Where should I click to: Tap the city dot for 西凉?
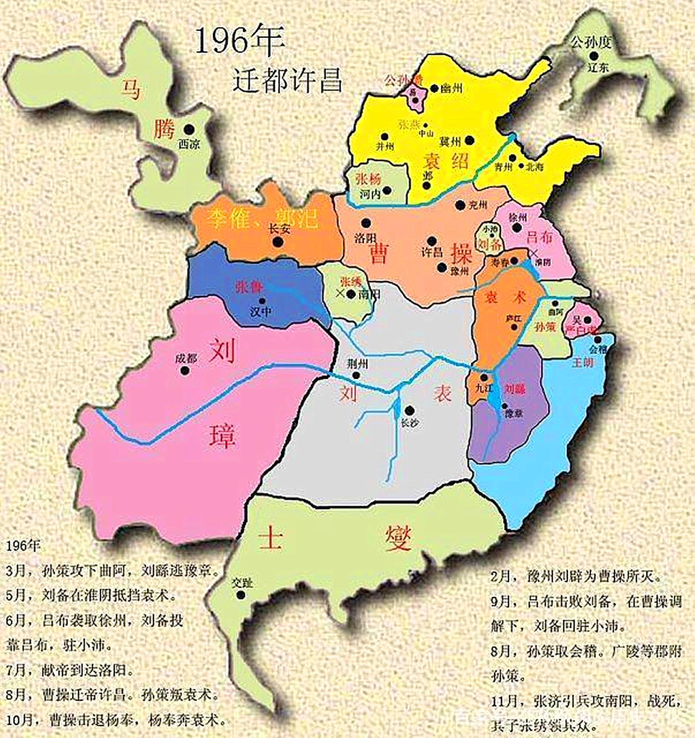188,129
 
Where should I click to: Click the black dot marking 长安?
278,242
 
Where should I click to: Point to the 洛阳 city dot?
366,223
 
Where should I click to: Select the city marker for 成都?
186,371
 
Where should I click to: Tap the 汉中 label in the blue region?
260,312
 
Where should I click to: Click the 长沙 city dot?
410,411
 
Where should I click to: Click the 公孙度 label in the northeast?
591,42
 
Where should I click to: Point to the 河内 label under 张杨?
370,193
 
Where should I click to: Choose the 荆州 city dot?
356,375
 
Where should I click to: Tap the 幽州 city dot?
434,88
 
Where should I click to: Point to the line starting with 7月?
70,670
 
